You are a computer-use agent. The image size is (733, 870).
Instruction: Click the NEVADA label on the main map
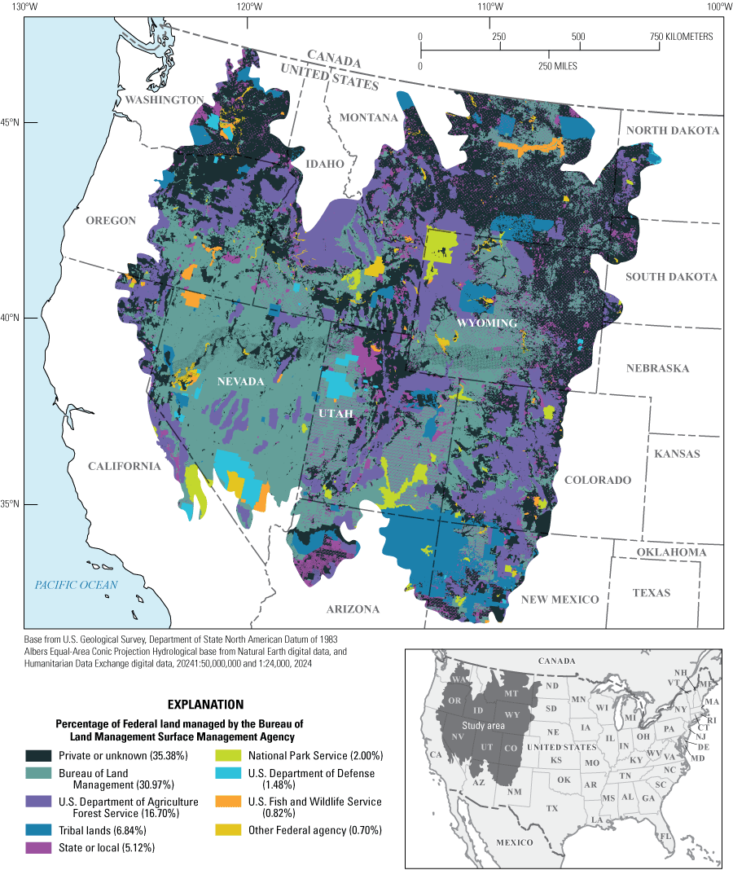tap(241, 381)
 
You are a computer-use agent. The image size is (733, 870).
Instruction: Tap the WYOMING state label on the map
tap(486, 323)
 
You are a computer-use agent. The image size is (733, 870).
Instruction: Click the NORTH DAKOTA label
tap(673, 130)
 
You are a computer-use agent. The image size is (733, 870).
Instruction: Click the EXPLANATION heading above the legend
tap(204, 703)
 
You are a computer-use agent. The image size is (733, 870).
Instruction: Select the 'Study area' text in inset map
tap(484, 726)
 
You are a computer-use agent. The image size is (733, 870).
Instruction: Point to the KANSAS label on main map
tap(676, 454)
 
